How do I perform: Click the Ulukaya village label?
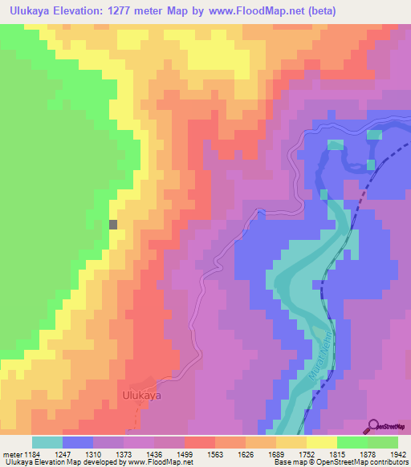pyautogui.click(x=142, y=396)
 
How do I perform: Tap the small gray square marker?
pyautogui.click(x=113, y=225)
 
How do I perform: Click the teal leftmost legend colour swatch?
pyautogui.click(x=47, y=442)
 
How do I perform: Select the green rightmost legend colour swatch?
pyautogui.click(x=383, y=442)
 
